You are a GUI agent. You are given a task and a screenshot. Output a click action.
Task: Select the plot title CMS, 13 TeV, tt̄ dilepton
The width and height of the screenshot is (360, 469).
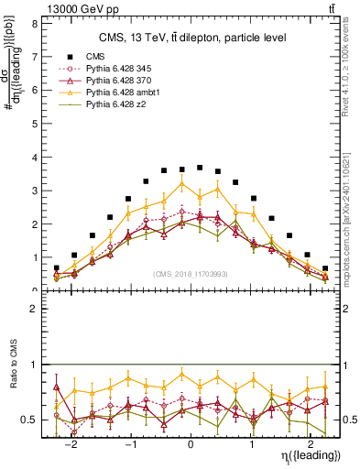pos(192,38)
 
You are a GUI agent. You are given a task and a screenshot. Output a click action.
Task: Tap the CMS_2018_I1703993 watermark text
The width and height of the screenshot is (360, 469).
pos(191,275)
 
